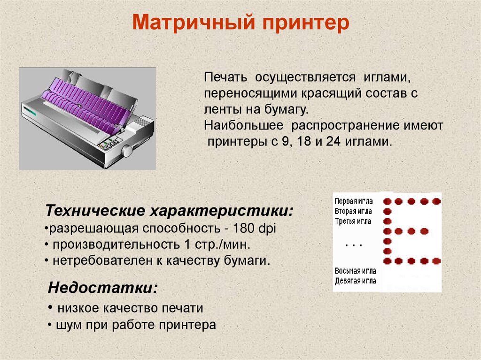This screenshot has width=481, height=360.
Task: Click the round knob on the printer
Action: (x=127, y=151)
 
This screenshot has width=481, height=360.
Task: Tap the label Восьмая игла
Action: (x=355, y=271)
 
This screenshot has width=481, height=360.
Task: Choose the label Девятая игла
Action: (x=355, y=281)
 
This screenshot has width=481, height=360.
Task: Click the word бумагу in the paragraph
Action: (x=285, y=110)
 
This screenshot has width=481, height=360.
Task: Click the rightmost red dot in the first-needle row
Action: (x=436, y=201)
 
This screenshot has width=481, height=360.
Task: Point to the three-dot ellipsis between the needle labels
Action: (x=353, y=245)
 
